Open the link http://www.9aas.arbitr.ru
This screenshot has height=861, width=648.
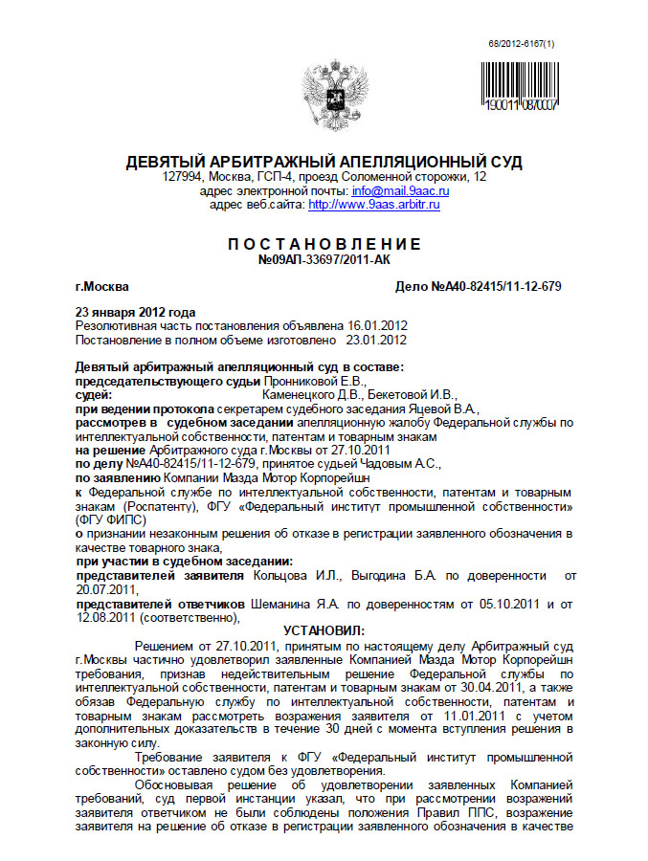point(374,205)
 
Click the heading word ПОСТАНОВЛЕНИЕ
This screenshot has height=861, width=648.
point(324,244)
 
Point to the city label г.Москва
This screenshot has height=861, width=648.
point(102,286)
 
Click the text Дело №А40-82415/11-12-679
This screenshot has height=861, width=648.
point(478,286)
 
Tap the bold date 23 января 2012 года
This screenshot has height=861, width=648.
point(135,313)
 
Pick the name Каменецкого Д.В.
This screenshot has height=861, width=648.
point(306,393)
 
